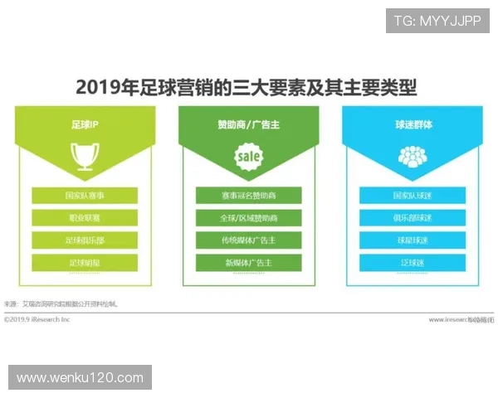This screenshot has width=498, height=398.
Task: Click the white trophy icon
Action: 85,154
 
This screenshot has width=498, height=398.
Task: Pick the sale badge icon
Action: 248,155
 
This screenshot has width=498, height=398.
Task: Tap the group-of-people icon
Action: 413,155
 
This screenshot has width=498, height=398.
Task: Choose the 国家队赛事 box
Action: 85,196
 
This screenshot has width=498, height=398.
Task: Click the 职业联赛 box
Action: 85,218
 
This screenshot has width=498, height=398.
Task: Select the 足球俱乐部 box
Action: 85,240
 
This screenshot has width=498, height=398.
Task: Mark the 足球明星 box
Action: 85,263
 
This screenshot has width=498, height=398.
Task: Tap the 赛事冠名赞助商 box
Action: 248,196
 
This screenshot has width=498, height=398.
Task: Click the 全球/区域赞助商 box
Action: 248,218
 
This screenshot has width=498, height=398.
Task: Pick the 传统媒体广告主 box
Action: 248,240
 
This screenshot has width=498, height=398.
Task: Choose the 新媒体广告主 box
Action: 248,263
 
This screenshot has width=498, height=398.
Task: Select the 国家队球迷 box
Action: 413,196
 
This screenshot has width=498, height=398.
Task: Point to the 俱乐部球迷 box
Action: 413,218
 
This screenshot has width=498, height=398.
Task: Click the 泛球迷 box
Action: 413,263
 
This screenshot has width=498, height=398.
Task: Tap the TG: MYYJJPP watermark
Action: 437,20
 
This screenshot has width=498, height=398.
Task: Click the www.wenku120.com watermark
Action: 80,378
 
